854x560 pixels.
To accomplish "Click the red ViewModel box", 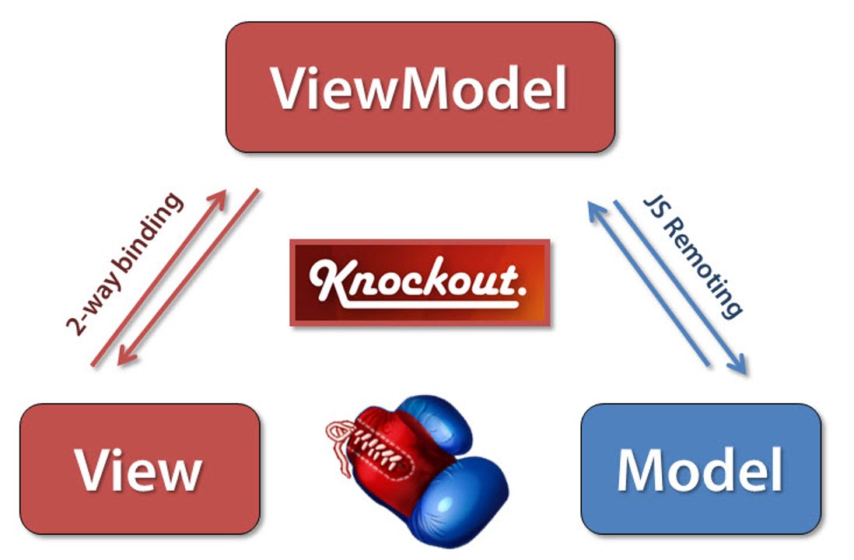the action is (x=421, y=87).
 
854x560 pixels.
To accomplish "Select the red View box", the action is (x=140, y=469).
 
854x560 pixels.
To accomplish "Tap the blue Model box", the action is (x=701, y=469).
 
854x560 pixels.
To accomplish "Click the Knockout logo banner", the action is (x=420, y=283).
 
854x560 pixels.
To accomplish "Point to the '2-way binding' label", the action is (x=124, y=264).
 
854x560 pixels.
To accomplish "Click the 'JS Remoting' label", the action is (x=693, y=256).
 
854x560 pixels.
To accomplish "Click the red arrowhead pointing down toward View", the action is (x=126, y=355).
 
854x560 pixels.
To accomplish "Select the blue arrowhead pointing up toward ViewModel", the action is (x=597, y=210).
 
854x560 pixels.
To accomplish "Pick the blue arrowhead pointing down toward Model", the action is (x=738, y=365).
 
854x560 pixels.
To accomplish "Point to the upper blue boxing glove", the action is (x=436, y=422).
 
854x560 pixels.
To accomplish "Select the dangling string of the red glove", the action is (x=341, y=446).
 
